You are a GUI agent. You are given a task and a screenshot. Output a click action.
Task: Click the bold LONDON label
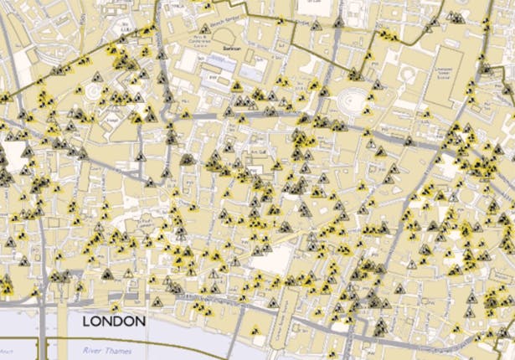click(113, 321)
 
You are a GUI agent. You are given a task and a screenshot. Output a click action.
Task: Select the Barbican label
click(232, 49)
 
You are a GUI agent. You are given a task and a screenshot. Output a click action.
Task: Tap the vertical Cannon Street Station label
click(284, 313)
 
